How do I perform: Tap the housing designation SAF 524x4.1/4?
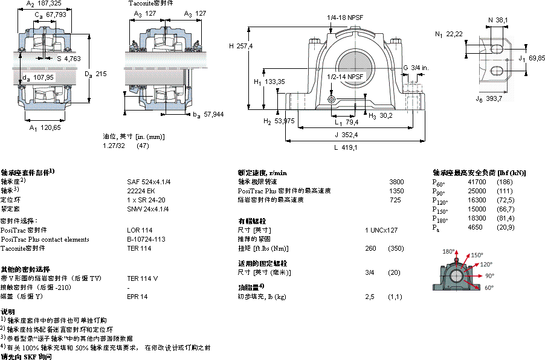[x=148, y=181]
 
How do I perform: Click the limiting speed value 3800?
[x=397, y=181]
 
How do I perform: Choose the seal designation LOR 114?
[x=140, y=230]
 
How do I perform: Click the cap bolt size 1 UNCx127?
[x=381, y=230]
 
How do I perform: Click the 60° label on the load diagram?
[x=488, y=288]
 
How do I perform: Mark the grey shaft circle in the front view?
[x=354, y=66]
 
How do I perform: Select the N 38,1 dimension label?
[x=498, y=20]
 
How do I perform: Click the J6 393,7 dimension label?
[x=489, y=98]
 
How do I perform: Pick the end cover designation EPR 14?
[x=138, y=297]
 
